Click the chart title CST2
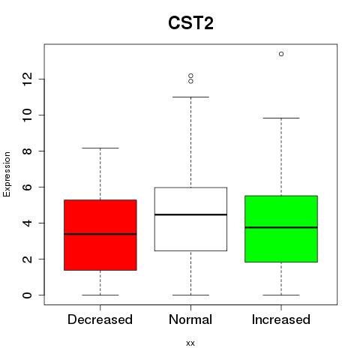[x=190, y=23]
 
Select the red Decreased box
[x=100, y=235]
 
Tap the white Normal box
[x=190, y=219]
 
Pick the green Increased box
[x=281, y=229]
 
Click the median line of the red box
[x=100, y=234]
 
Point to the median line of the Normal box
[x=190, y=214]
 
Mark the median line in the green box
[x=281, y=227]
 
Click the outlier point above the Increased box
[x=281, y=54]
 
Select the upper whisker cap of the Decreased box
[x=100, y=148]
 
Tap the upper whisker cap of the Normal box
[x=190, y=97]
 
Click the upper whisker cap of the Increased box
[x=281, y=118]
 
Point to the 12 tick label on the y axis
[x=28, y=79]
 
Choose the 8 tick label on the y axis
[x=28, y=151]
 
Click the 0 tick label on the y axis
[x=28, y=295]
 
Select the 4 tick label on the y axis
[x=28, y=223]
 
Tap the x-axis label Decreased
[x=100, y=319]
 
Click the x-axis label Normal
[x=190, y=319]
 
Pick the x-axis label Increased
[x=281, y=319]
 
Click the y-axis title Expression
[x=7, y=174]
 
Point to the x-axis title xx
[x=190, y=343]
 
